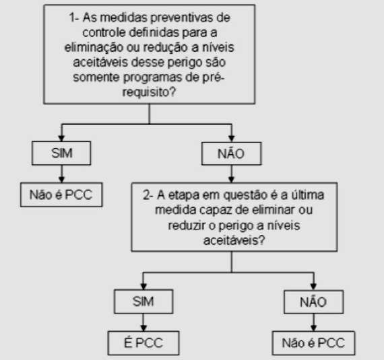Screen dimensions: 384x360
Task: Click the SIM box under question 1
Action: point(61,153)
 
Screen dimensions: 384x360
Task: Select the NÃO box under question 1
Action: point(232,153)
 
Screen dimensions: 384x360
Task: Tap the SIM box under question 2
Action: point(143,301)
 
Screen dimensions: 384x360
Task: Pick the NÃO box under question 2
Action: point(314,301)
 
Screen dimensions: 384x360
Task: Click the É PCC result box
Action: point(143,343)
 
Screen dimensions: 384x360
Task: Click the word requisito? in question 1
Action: point(149,92)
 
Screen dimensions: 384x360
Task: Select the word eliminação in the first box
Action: point(94,47)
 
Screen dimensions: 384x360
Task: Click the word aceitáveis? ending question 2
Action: point(234,240)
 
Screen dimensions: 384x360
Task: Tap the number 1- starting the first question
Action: point(73,17)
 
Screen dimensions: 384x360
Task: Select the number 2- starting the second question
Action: point(148,195)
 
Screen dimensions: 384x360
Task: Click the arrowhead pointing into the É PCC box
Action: point(143,328)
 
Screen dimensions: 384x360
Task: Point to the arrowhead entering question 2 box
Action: point(232,179)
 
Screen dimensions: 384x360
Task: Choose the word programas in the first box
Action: point(152,78)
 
